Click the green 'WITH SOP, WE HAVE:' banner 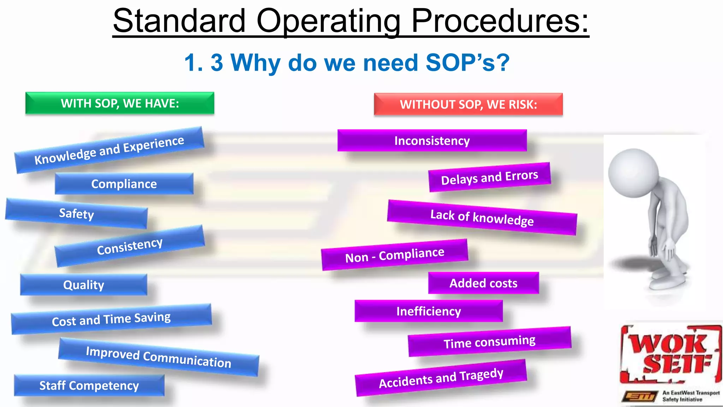point(120,103)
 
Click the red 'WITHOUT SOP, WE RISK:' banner point(468,105)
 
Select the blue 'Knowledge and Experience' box point(109,150)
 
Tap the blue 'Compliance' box point(124,184)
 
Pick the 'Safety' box point(76,214)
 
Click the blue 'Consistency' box point(130,246)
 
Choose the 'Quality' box point(84,285)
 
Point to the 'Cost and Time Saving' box point(111,319)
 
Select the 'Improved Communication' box point(159,357)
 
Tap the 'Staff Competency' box point(89,385)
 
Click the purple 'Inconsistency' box point(432,141)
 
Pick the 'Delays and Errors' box point(490,177)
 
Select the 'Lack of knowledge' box point(482,217)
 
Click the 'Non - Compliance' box point(394,255)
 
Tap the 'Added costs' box point(483,283)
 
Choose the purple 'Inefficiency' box point(429,311)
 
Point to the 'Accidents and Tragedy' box point(441,378)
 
